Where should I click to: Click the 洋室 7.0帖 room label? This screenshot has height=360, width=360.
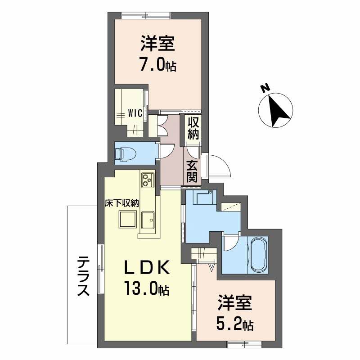[x=158, y=54]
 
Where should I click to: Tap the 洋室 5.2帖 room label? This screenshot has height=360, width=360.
[x=235, y=313]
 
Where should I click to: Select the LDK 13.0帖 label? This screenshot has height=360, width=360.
[x=147, y=278]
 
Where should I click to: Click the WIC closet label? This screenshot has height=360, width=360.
[x=135, y=113]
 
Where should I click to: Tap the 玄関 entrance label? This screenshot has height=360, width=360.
[x=192, y=171]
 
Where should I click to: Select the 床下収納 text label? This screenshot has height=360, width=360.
[x=122, y=203]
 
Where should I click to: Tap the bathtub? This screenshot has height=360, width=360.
[x=259, y=255]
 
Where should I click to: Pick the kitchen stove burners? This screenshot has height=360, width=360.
[x=148, y=180]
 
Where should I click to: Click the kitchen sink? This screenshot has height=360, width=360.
[x=148, y=220]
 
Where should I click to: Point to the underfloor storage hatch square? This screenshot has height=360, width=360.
[x=128, y=220]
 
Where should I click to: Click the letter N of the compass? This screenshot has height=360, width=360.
[x=265, y=88]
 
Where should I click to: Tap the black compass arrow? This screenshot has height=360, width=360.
[x=279, y=111]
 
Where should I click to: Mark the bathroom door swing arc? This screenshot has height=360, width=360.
[x=230, y=244]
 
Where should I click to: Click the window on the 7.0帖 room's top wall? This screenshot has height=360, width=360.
[x=146, y=16]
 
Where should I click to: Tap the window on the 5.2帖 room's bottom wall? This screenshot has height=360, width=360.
[x=244, y=344]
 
